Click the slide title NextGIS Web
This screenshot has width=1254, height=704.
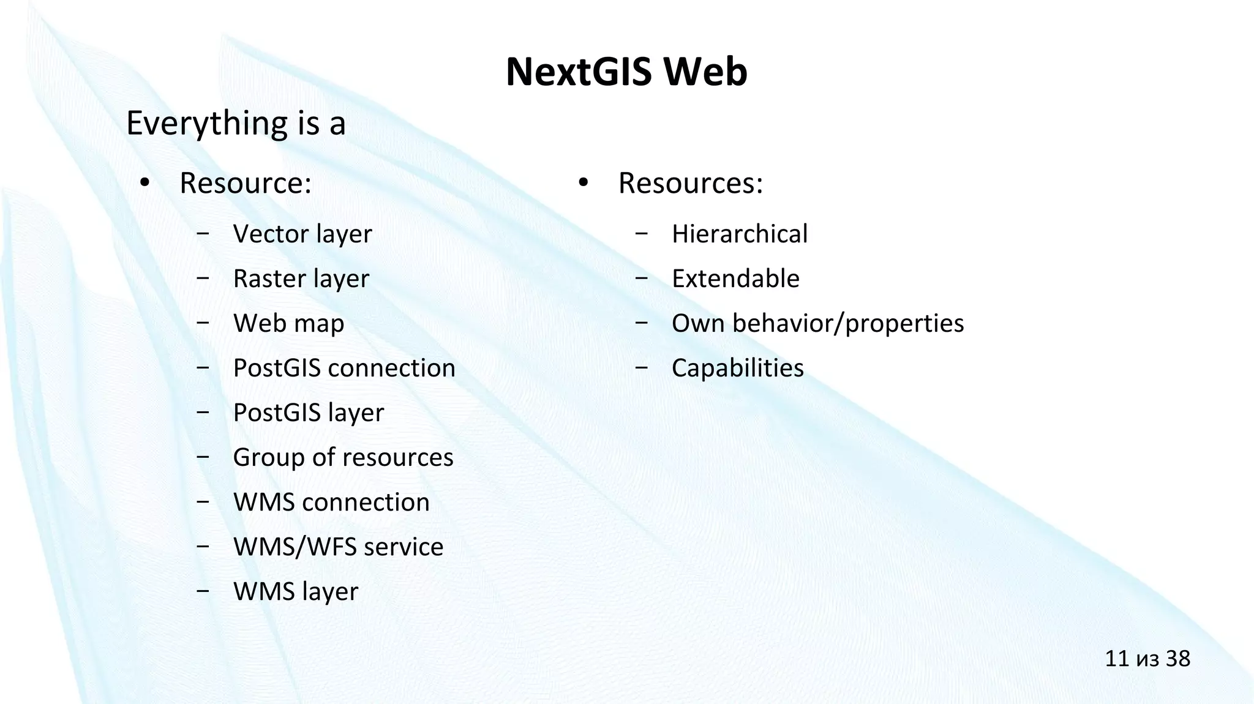tap(626, 72)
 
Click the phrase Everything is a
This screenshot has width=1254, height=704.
tap(236, 123)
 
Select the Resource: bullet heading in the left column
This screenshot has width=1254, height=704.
tap(246, 183)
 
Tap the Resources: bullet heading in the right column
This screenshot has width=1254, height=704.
tap(691, 183)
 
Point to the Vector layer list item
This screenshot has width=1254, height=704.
tap(302, 234)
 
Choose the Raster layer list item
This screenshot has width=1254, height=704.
tap(301, 279)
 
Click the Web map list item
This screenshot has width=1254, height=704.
tap(288, 323)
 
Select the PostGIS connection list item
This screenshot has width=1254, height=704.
tap(344, 368)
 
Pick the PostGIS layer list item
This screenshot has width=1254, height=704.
tap(309, 413)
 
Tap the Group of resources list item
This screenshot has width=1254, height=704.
tap(343, 457)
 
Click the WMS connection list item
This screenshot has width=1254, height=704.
tap(331, 502)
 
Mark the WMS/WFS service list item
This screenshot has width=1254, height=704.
tap(338, 547)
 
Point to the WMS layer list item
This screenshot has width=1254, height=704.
tap(296, 591)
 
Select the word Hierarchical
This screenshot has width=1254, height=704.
tap(740, 234)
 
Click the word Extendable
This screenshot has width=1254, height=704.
tap(735, 279)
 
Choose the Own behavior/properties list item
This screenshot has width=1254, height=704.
tap(817, 323)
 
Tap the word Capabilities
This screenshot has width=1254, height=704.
tap(738, 368)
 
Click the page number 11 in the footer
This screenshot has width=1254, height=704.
tap(1116, 659)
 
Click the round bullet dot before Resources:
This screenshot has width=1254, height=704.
tap(583, 182)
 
